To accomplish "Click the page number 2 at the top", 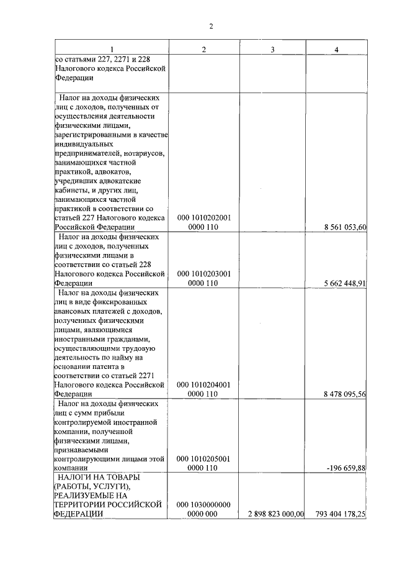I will [210, 26].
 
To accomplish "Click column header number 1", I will [112, 50].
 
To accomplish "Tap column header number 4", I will [336, 50].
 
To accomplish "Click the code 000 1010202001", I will [203, 217].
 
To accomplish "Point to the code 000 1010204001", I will [203, 384].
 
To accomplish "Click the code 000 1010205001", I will [203, 458].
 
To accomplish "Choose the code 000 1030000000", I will [203, 504].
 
